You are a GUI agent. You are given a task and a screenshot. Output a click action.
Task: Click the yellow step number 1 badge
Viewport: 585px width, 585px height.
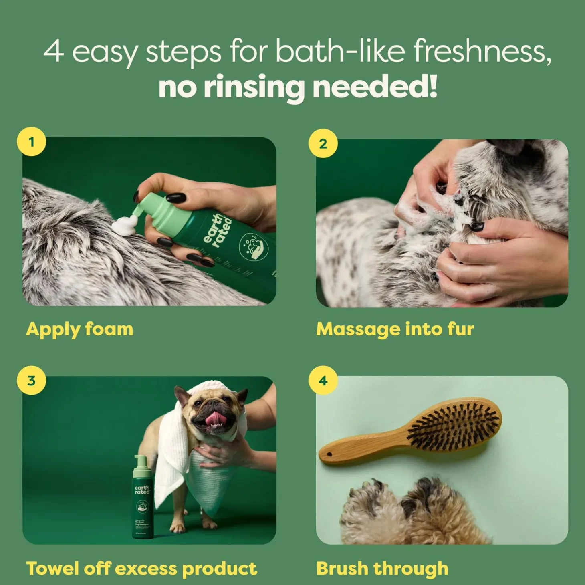tap(31, 142)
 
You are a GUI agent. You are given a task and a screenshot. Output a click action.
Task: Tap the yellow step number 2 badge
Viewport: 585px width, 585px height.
tap(323, 143)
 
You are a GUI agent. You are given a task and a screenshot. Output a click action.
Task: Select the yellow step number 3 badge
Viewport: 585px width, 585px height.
tap(31, 380)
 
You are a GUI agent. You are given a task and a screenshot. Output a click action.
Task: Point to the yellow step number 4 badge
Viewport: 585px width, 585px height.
tap(323, 380)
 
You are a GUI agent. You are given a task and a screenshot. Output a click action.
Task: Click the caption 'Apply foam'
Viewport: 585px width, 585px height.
tap(79, 329)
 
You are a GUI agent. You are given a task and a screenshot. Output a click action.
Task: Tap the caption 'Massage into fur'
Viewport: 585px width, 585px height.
tap(395, 329)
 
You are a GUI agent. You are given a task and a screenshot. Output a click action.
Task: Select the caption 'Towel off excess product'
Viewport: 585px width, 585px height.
tap(141, 569)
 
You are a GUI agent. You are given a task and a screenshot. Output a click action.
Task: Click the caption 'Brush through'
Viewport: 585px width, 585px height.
tap(382, 569)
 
